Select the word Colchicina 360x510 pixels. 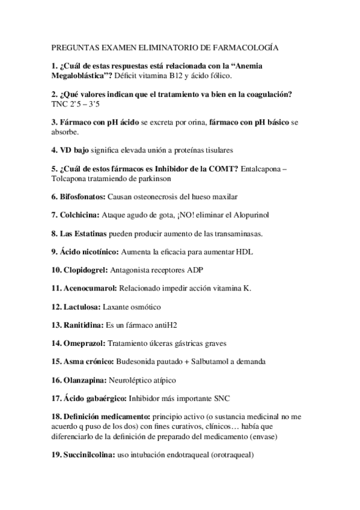point(79,215)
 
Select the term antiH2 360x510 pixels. point(165,325)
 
